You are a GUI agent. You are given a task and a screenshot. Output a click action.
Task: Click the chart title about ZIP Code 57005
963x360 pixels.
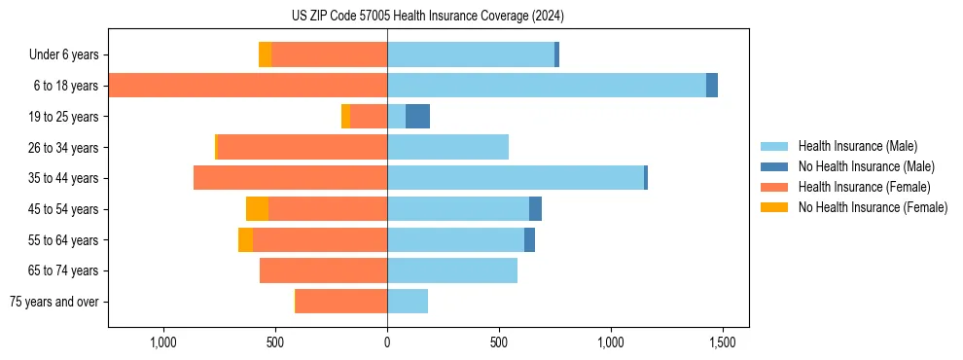(428, 16)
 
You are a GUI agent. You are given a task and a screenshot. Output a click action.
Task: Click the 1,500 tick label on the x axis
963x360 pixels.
(723, 343)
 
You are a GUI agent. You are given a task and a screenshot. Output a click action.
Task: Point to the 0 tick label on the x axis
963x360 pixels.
(387, 343)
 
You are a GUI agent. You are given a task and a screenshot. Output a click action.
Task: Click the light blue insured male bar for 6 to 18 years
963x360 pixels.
(546, 86)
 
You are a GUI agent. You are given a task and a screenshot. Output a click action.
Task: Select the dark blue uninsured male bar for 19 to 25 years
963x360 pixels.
(417, 117)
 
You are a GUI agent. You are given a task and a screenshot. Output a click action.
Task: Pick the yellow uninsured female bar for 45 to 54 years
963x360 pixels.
(257, 209)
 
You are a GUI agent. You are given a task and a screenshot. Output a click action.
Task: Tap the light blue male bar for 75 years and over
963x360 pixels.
(408, 302)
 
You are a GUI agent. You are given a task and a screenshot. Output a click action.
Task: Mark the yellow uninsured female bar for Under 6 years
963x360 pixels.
(265, 54)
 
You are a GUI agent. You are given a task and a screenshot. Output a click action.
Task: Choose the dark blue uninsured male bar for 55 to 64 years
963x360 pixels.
(529, 240)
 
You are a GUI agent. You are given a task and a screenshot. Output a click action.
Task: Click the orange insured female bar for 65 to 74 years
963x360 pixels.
(323, 270)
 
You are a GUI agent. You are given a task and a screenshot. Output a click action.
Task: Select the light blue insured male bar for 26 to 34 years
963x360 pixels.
(447, 147)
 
